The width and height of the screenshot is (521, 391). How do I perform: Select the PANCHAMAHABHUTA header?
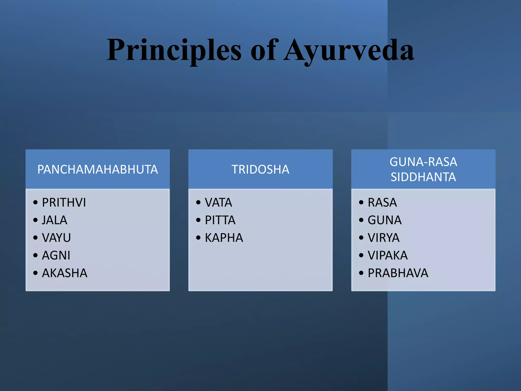(98, 170)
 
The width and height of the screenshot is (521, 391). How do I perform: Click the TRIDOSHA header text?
(260, 170)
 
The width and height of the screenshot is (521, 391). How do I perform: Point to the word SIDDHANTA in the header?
(423, 177)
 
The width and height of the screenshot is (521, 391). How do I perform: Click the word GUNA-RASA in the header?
(423, 162)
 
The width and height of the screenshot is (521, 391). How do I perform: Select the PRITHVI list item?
(64, 203)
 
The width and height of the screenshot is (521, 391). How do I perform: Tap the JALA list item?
(54, 220)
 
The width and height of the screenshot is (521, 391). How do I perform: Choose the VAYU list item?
(56, 238)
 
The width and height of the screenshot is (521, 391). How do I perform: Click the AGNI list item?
(56, 255)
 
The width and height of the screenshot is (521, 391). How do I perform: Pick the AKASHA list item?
(65, 273)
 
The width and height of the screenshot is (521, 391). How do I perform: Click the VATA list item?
(219, 203)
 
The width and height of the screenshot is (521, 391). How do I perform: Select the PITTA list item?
(220, 220)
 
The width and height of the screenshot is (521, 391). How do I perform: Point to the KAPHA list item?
(224, 238)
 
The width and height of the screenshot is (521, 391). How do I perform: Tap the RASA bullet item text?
(382, 203)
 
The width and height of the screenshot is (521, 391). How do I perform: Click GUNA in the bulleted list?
(384, 220)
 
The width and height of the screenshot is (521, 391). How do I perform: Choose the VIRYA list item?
(383, 238)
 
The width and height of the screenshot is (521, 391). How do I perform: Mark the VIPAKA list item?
(387, 255)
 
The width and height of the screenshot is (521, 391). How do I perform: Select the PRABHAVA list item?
(398, 273)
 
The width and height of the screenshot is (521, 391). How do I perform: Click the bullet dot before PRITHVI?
(35, 203)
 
